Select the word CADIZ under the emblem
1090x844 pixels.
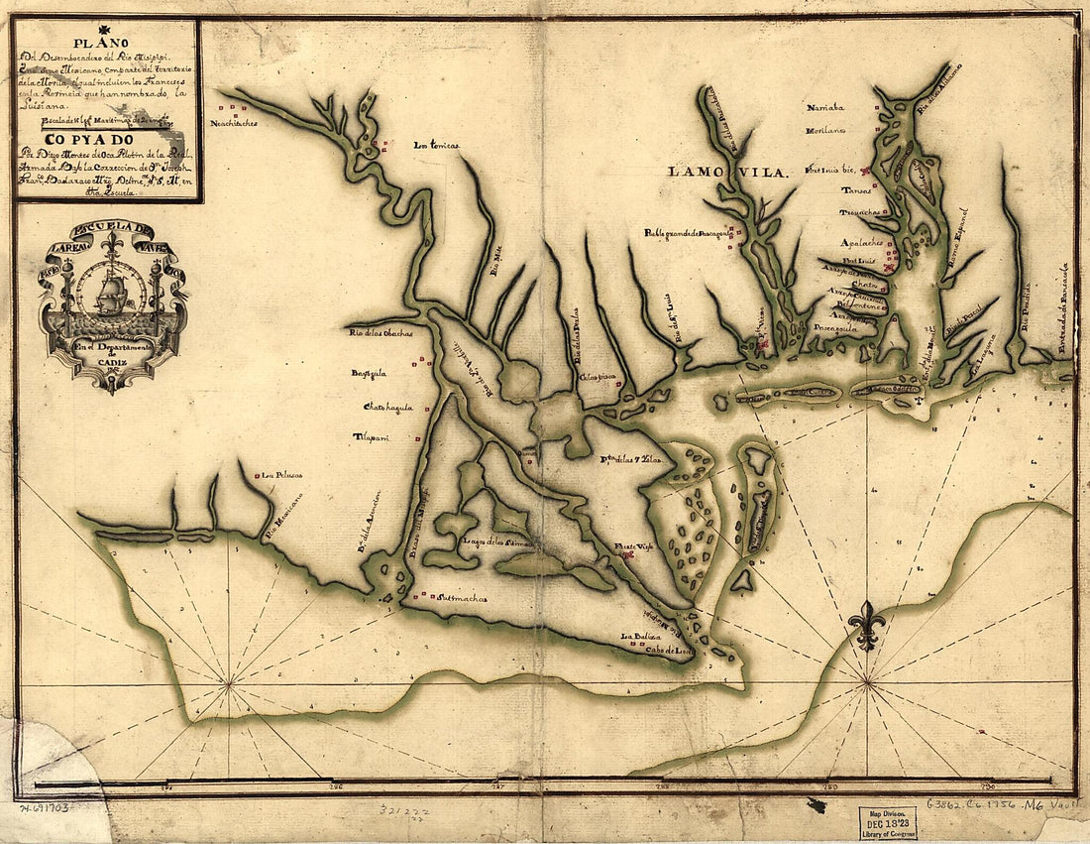coord(111,365)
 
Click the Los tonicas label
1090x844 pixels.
coord(436,146)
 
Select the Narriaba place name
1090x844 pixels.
coord(825,106)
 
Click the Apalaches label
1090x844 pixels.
coord(860,242)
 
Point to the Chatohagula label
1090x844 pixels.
coord(387,407)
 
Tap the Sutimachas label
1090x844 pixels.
coord(459,598)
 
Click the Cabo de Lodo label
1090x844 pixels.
coord(668,652)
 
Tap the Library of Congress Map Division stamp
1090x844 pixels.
coord(887,821)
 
